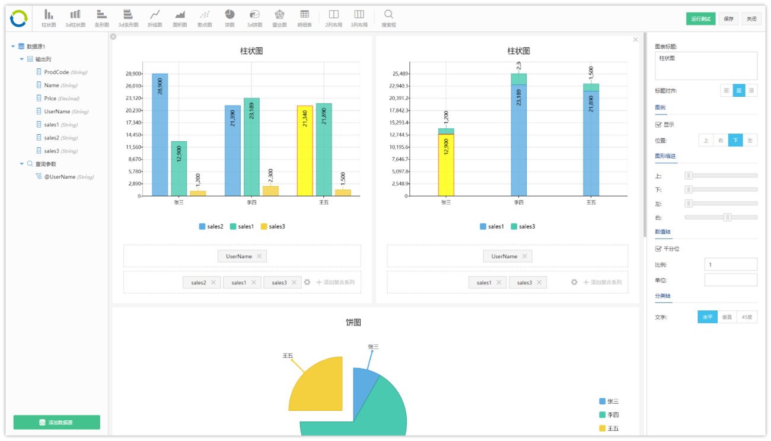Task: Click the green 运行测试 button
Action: tap(700, 18)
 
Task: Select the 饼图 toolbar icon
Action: tap(229, 18)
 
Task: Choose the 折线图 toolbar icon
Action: tap(155, 18)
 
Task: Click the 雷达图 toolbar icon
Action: tap(279, 18)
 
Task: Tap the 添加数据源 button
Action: tap(57, 422)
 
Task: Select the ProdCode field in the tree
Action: tap(56, 72)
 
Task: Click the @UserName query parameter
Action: tap(59, 177)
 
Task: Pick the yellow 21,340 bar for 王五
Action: tap(305, 151)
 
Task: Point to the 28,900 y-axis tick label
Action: tap(133, 74)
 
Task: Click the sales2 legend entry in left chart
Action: tap(211, 226)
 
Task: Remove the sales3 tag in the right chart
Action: tap(539, 283)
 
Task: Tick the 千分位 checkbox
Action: tap(658, 249)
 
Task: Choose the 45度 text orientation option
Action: tap(747, 317)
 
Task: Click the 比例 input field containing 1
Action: tap(730, 265)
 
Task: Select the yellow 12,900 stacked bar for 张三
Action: tap(446, 164)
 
